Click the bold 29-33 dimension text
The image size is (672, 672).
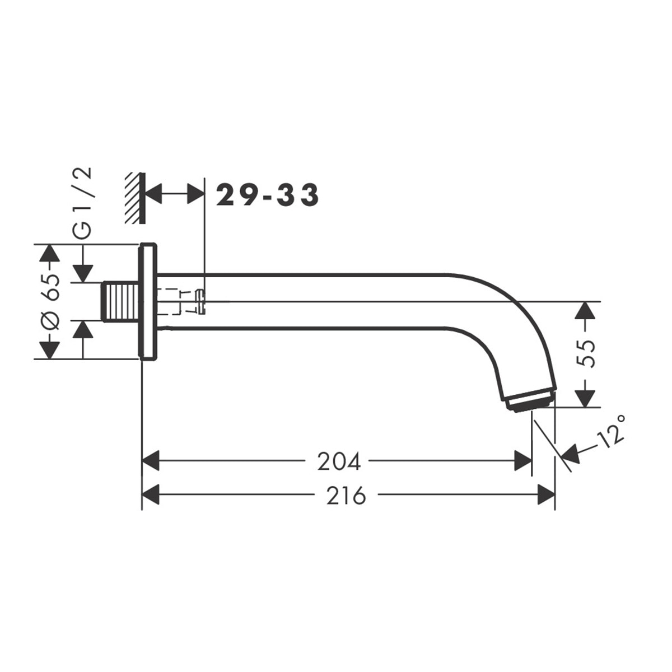click(x=267, y=195)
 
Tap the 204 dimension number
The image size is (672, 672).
click(x=338, y=463)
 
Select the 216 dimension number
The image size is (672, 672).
click(x=346, y=495)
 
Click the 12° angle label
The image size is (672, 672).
click(x=610, y=430)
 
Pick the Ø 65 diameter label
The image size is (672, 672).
click(x=50, y=302)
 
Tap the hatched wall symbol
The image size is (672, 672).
click(x=136, y=198)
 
